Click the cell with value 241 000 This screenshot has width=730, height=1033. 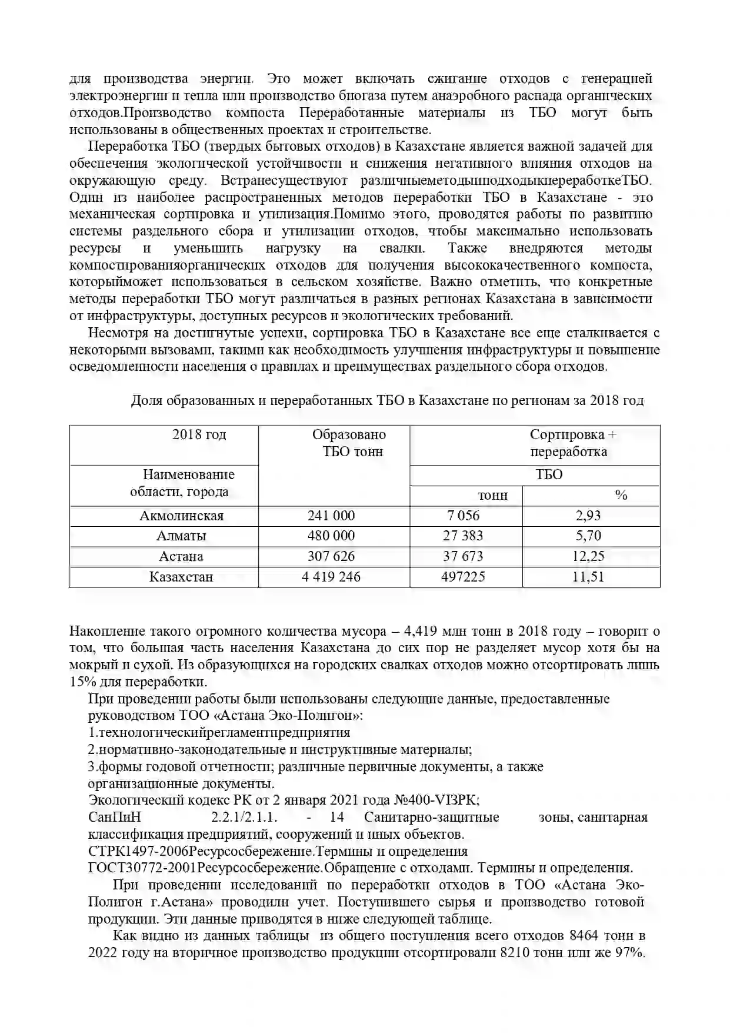pos(331,516)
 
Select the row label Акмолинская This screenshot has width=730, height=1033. pos(181,516)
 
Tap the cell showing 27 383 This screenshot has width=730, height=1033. pos(463,536)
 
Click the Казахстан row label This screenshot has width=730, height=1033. pos(181,577)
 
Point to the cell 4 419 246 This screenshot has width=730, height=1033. pos(331,577)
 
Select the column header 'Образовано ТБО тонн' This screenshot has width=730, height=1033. pos(349,443)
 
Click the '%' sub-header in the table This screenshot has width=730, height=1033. pos(621,495)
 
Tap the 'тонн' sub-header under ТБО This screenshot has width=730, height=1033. pos(493,496)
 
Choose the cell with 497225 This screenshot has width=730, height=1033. pos(463,577)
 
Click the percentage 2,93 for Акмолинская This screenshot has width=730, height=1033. pos(588,516)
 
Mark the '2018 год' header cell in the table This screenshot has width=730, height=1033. pos(199,435)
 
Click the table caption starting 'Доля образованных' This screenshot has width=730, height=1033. pos(386,401)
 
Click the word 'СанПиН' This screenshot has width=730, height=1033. pos(115,818)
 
